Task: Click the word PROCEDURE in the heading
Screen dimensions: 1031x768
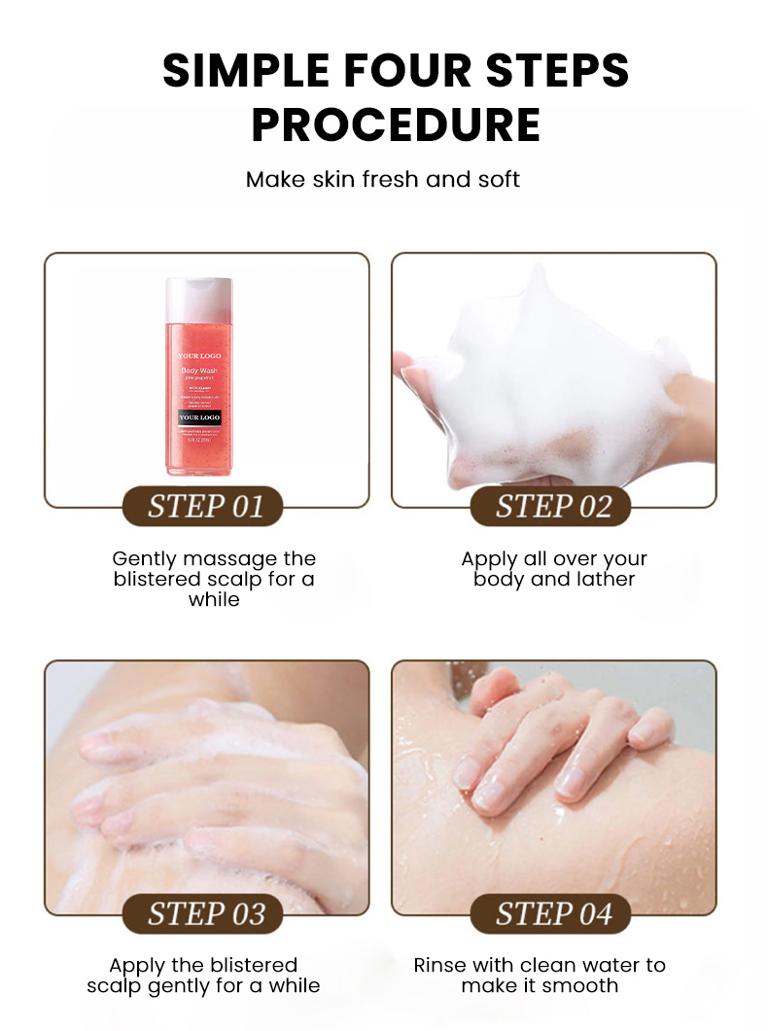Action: coord(396,124)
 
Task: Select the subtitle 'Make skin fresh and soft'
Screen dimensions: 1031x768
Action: coord(383,179)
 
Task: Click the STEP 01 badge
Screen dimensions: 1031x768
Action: coord(205,507)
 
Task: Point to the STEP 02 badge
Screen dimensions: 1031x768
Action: coord(553,507)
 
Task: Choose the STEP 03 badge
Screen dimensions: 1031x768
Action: coord(205,913)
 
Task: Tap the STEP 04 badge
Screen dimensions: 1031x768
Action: coord(553,913)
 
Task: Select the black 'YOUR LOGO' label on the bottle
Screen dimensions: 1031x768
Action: coord(198,417)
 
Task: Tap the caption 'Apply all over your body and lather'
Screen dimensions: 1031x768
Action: coord(554,569)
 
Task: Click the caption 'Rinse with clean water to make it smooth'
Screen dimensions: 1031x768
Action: coord(540,976)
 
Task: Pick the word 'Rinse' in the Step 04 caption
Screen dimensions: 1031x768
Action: coord(440,966)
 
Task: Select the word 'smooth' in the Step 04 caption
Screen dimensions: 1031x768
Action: coord(580,986)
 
